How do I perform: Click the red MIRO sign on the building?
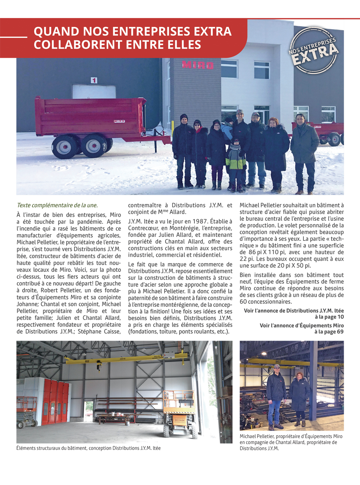point(198,65)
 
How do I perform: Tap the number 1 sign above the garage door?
point(94,80)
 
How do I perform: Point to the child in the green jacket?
point(236,162)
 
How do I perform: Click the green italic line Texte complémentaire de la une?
point(57,205)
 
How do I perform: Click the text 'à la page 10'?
point(329,317)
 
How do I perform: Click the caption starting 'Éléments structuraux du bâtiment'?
point(89,448)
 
